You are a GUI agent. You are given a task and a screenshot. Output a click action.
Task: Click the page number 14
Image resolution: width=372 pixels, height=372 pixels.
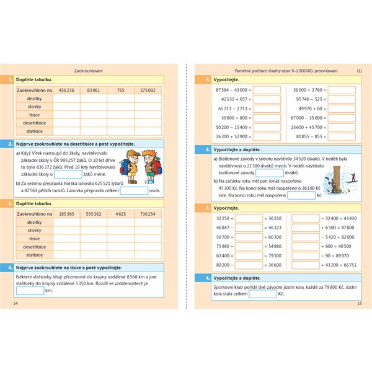tap(16, 303)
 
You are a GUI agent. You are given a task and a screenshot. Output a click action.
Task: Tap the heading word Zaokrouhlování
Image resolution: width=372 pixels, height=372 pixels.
tap(89, 71)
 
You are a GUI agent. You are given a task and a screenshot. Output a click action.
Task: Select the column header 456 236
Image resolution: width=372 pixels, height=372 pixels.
tap(66, 90)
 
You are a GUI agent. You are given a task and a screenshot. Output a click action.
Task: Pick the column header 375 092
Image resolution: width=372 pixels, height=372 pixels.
tap(148, 90)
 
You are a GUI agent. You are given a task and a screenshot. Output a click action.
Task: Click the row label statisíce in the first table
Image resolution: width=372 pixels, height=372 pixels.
tap(35, 131)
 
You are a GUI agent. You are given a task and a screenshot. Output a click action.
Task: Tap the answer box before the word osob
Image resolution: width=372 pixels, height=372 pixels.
tap(134, 191)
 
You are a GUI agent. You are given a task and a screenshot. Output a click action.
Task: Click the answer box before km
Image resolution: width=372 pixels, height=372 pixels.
tap(30, 290)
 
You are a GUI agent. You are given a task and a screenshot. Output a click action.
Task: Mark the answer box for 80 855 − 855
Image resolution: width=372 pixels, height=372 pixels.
tap(342, 136)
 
